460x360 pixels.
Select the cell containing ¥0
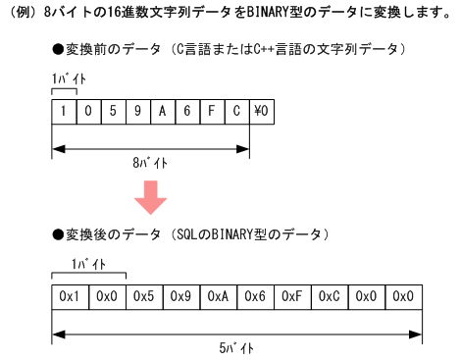click(x=261, y=112)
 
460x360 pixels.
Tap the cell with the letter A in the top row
click(x=163, y=112)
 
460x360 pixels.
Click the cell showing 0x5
click(x=143, y=295)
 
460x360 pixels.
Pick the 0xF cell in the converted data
click(x=292, y=295)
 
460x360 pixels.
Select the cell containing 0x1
click(x=69, y=295)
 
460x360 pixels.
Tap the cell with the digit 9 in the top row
click(x=138, y=112)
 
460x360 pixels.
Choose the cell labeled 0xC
click(x=330, y=295)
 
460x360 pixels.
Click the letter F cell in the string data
click(x=212, y=112)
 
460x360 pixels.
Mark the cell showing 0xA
click(x=218, y=295)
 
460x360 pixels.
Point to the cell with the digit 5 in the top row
click(x=114, y=112)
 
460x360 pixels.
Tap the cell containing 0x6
click(x=255, y=295)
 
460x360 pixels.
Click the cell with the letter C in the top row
click(x=236, y=112)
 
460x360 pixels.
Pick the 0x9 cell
click(x=180, y=295)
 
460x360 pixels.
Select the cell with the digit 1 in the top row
click(x=65, y=112)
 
